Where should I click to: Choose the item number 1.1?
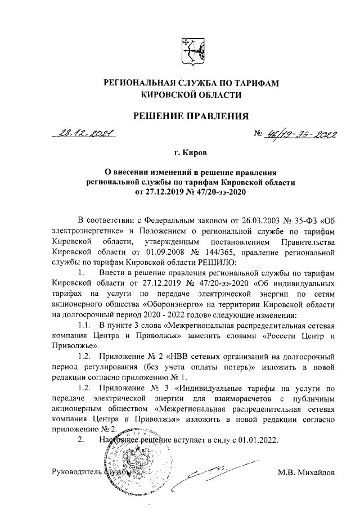coord(84,327)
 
